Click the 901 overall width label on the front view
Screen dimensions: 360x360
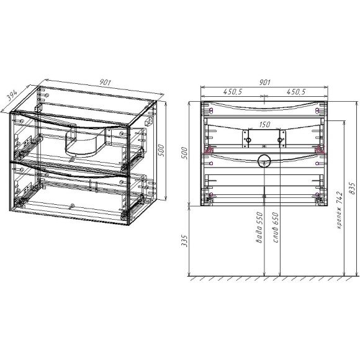click(264, 82)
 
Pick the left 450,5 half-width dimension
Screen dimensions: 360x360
click(233, 92)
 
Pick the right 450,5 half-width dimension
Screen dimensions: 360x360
click(295, 92)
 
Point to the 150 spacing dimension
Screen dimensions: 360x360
click(264, 125)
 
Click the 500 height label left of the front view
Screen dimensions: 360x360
click(184, 152)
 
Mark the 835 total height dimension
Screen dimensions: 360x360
click(353, 186)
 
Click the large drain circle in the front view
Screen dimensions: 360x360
click(265, 163)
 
